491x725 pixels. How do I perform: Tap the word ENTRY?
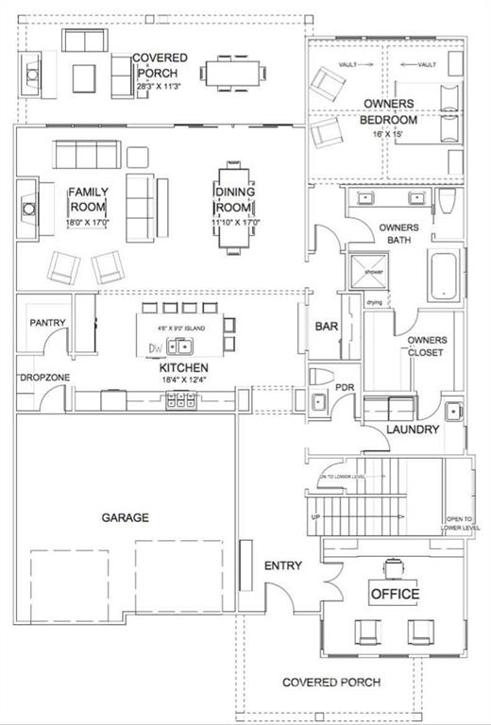pyautogui.click(x=282, y=565)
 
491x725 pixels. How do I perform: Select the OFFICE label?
pyautogui.click(x=394, y=594)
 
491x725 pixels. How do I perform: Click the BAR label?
pyautogui.click(x=327, y=327)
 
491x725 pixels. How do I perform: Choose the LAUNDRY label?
pyautogui.click(x=413, y=430)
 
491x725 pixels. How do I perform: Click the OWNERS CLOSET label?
pyautogui.click(x=426, y=346)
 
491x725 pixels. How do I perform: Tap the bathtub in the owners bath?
pyautogui.click(x=445, y=277)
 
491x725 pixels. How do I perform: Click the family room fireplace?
pyautogui.click(x=31, y=208)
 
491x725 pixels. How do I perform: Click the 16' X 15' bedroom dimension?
pyautogui.click(x=387, y=135)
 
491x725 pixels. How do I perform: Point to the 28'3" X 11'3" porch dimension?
pyautogui.click(x=160, y=85)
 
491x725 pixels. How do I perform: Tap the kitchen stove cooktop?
pyautogui.click(x=179, y=403)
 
